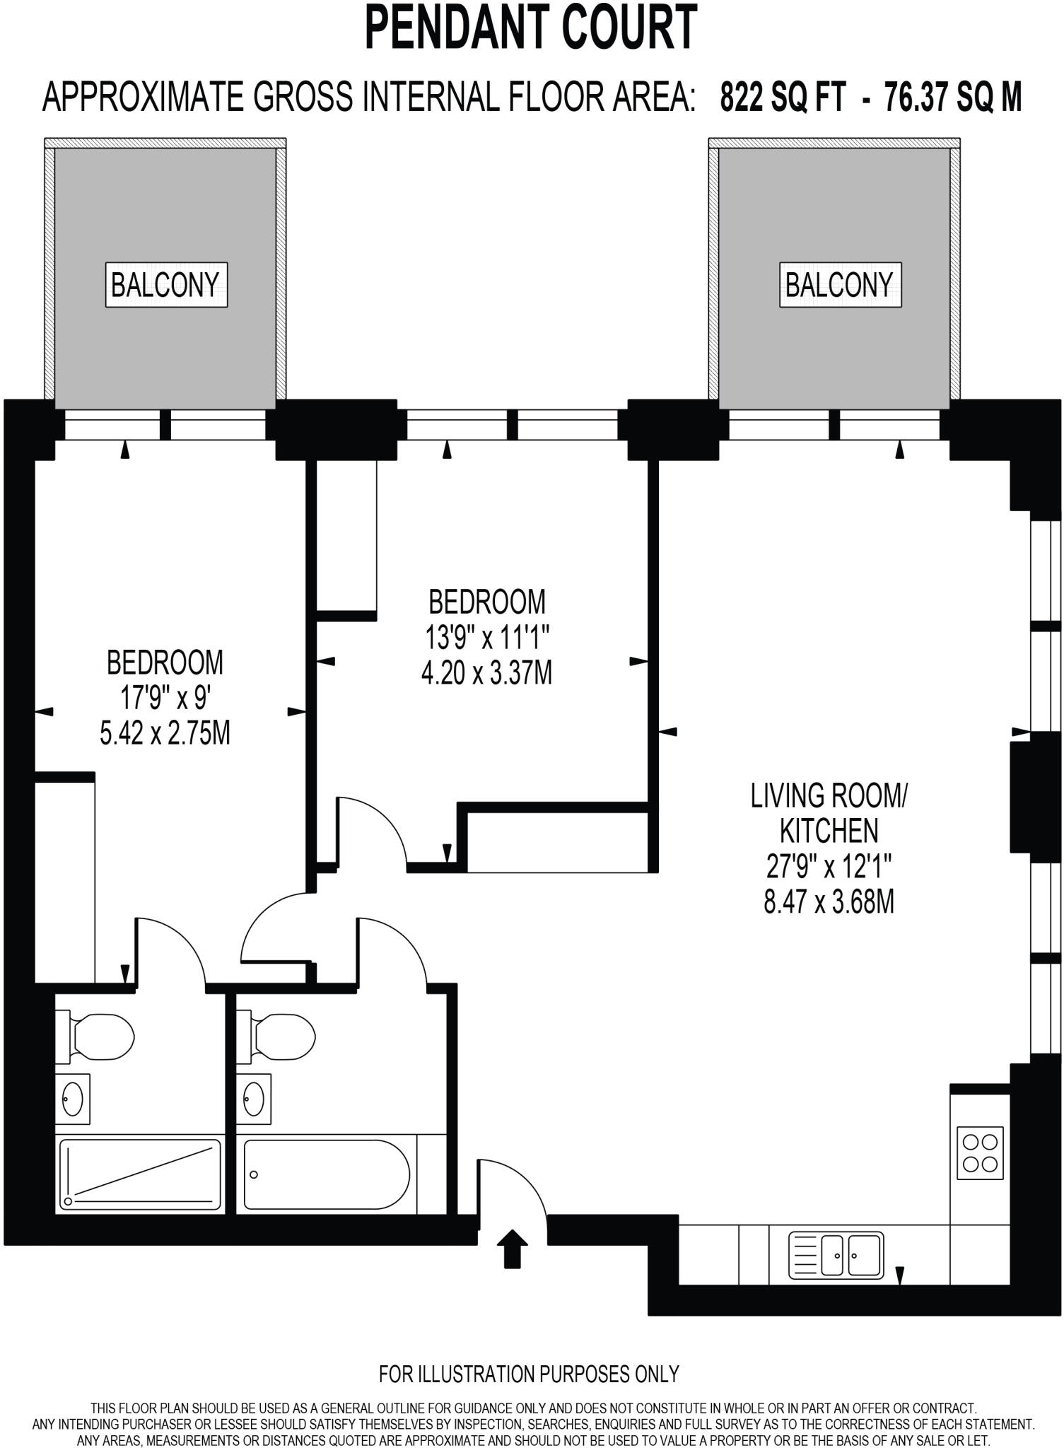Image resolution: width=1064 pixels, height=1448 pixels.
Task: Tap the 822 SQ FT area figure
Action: click(782, 97)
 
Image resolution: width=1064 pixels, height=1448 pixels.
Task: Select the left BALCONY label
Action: click(166, 285)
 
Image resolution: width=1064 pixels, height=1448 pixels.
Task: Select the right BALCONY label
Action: click(840, 285)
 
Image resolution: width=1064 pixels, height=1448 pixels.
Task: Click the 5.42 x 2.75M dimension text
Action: click(165, 734)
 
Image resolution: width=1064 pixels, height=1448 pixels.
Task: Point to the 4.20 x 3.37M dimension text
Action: click(486, 672)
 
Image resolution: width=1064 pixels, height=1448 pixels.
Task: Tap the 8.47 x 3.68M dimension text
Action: click(829, 902)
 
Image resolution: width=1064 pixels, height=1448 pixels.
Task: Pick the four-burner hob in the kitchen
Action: click(980, 1152)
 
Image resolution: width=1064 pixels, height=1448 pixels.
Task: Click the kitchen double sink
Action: click(836, 1255)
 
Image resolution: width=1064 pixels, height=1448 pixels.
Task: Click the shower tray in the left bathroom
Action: click(139, 1174)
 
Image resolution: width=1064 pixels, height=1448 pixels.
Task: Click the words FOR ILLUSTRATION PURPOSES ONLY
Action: click(529, 1374)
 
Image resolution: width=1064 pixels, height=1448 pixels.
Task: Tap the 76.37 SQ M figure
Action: click(952, 97)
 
